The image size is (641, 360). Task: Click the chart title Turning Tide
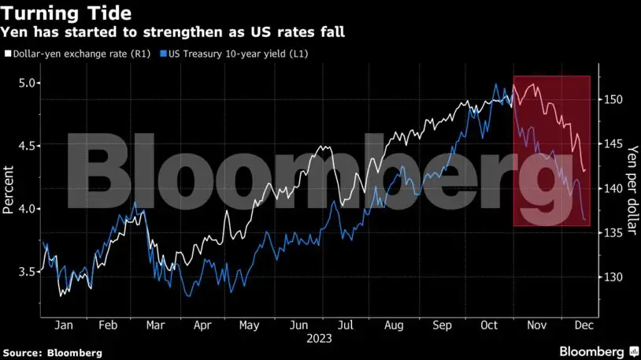pyautogui.click(x=67, y=13)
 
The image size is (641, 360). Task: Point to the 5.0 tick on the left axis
pyautogui.click(x=28, y=83)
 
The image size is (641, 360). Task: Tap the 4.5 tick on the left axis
pyautogui.click(x=28, y=146)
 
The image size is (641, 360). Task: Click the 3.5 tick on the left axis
pyautogui.click(x=28, y=272)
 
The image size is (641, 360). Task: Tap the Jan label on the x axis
pyautogui.click(x=65, y=325)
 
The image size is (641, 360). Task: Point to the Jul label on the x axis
pyautogui.click(x=344, y=325)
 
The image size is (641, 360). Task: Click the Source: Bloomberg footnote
pyautogui.click(x=52, y=353)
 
